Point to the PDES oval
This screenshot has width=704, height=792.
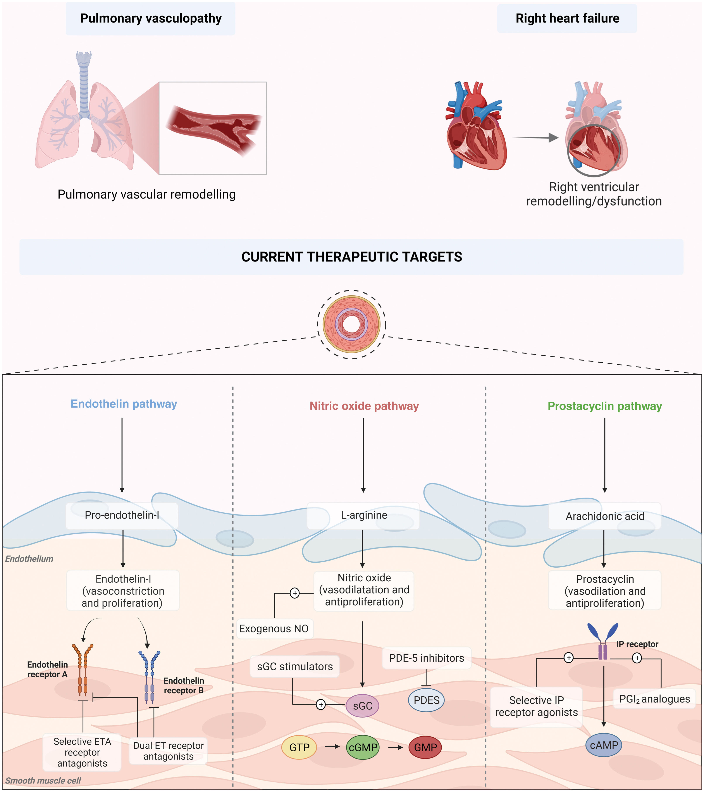tap(426, 700)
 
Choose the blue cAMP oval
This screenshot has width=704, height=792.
tap(603, 745)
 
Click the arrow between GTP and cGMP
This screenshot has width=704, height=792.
tap(332, 746)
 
